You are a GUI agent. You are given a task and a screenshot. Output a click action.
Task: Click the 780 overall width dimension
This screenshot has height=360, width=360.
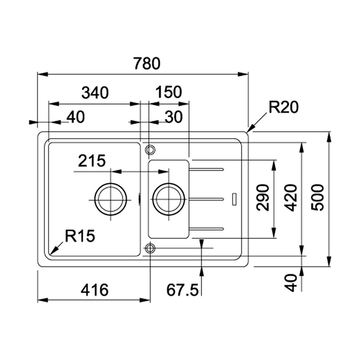tap(147, 64)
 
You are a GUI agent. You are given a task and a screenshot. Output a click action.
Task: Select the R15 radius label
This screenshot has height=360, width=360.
tap(80, 237)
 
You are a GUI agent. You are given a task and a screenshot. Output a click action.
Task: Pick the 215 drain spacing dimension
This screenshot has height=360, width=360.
tap(92, 161)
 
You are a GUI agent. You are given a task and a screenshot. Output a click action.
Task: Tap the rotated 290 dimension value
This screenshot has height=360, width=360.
tap(263, 197)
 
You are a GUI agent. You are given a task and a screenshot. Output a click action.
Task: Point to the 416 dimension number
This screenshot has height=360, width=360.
tap(95, 290)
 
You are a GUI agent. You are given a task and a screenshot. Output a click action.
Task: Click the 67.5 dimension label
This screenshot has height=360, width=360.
tap(182, 290)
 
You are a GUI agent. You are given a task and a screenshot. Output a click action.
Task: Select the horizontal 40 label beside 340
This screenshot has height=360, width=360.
tap(76, 117)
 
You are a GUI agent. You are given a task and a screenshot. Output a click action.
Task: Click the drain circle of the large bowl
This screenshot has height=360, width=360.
tap(110, 199)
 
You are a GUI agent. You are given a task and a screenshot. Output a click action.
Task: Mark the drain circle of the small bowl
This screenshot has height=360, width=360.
tap(168, 199)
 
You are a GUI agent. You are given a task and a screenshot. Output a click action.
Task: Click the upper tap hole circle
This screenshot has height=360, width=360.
tap(150, 149)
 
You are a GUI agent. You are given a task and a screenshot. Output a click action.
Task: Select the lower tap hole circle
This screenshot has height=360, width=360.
tap(150, 248)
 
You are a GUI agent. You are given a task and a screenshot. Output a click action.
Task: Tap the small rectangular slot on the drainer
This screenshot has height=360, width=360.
tap(234, 198)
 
